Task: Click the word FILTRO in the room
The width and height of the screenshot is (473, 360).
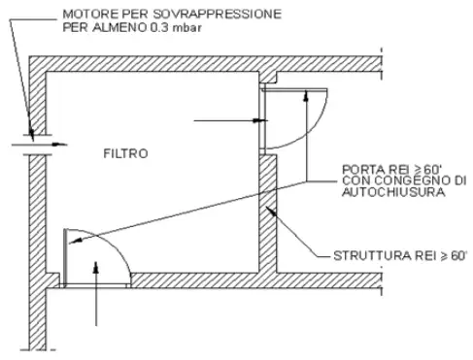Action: point(126,153)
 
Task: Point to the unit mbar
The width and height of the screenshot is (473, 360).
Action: point(190,28)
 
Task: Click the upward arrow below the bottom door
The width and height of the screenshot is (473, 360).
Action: point(96,291)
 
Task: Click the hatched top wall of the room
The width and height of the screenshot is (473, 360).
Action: point(146,64)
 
